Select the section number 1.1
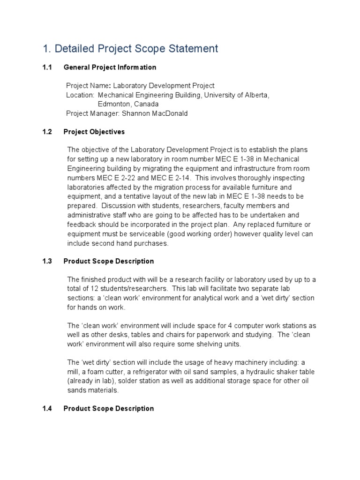pos(46,67)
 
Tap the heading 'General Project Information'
pos(110,67)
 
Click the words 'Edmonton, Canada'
pos(128,104)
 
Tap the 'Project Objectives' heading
pos(94,132)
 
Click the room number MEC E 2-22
pos(117,178)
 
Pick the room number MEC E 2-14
pos(170,178)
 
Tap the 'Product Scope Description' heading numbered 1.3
pos(108,261)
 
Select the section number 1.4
pos(46,408)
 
